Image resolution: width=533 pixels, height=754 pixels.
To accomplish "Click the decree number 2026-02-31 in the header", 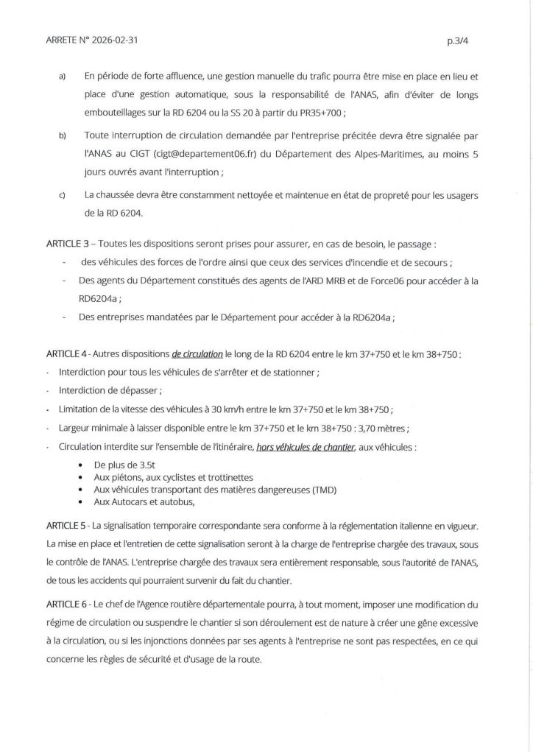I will click(112, 41).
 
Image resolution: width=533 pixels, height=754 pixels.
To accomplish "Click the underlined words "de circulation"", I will click(200, 353).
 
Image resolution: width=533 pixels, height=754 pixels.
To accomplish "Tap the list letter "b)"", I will click(64, 137).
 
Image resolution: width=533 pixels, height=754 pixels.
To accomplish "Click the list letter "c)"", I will click(64, 195).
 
